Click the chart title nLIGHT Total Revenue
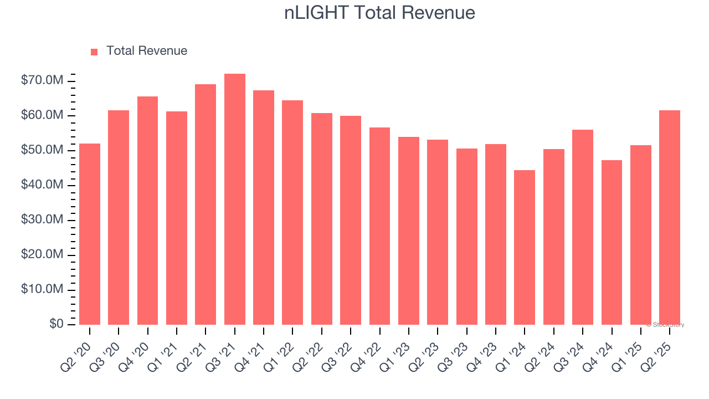click(x=379, y=13)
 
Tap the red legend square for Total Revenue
click(x=94, y=52)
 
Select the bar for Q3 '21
click(x=234, y=199)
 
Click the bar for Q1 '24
click(x=525, y=247)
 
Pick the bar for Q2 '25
click(x=670, y=217)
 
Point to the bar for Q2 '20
click(x=90, y=234)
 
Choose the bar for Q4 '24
click(x=612, y=242)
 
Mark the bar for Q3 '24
click(x=583, y=227)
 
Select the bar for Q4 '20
click(x=147, y=211)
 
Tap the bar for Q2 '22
click(x=321, y=219)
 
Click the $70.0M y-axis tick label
click(x=42, y=81)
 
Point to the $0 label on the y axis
click(x=56, y=324)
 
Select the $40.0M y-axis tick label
click(x=42, y=185)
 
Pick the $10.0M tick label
click(x=42, y=289)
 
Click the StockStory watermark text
click(x=665, y=325)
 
